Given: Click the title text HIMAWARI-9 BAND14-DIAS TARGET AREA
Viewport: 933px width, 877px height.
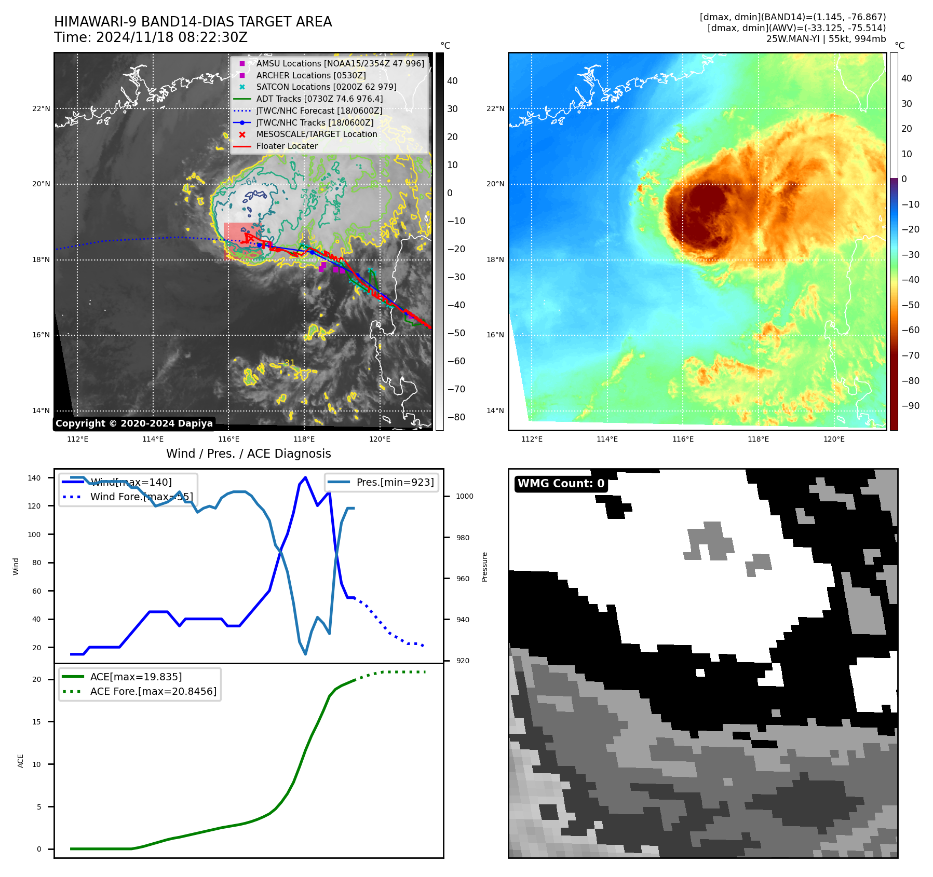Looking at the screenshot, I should click(x=193, y=22).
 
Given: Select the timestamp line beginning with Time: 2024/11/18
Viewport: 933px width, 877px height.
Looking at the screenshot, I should click(x=151, y=37).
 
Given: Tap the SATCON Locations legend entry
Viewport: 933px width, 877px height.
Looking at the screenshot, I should click(x=326, y=87).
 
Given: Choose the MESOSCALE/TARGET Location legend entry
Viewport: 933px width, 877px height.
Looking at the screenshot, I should click(x=316, y=134).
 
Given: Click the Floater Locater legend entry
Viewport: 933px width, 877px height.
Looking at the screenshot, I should click(x=287, y=146).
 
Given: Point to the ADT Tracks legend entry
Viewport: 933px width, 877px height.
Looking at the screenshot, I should click(x=319, y=99).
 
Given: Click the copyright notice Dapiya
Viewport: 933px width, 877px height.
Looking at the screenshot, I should click(x=134, y=423).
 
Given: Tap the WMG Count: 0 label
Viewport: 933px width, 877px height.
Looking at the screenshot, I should click(x=561, y=484).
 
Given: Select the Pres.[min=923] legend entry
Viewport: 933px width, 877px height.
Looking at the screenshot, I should click(x=395, y=482).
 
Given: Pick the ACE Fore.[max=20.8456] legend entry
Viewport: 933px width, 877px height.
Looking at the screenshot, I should click(x=153, y=691).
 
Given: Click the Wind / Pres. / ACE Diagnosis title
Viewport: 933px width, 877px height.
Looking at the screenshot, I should click(x=248, y=454).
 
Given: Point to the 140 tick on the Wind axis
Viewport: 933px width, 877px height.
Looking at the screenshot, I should click(x=34, y=478).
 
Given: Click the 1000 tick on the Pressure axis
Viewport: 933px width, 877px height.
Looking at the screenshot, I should click(x=464, y=496).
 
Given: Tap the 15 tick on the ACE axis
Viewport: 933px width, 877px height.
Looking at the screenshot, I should click(x=36, y=722).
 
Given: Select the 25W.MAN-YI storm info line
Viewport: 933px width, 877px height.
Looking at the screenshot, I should click(x=826, y=39).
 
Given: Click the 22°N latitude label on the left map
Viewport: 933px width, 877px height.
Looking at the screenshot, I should click(x=41, y=108).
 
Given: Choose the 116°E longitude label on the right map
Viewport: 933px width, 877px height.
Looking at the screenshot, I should click(x=683, y=439).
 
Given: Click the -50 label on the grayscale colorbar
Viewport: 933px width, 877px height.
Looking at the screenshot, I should click(x=456, y=333).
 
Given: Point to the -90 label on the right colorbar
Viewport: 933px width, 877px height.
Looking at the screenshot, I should click(x=910, y=406).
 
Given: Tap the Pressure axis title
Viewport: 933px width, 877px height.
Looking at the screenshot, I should click(x=484, y=567).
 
